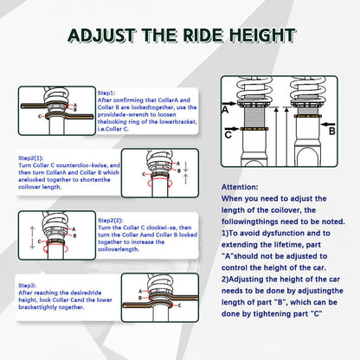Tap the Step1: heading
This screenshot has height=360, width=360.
(106, 93)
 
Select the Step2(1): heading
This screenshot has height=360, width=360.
(30, 158)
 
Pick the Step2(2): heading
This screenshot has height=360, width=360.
(110, 221)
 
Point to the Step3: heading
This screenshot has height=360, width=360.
(27, 286)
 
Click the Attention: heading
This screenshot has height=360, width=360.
(240, 187)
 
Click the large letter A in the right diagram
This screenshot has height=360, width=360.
(225, 110)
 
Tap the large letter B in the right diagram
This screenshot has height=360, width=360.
(332, 132)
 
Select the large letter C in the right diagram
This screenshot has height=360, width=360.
(228, 135)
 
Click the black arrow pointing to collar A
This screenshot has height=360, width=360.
(229, 103)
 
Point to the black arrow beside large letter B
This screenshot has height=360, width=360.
(328, 125)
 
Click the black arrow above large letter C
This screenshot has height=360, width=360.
(232, 128)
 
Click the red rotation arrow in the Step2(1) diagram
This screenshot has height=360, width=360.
(160, 183)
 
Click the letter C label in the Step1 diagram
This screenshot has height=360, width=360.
(40, 116)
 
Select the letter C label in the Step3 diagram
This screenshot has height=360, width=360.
(179, 305)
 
